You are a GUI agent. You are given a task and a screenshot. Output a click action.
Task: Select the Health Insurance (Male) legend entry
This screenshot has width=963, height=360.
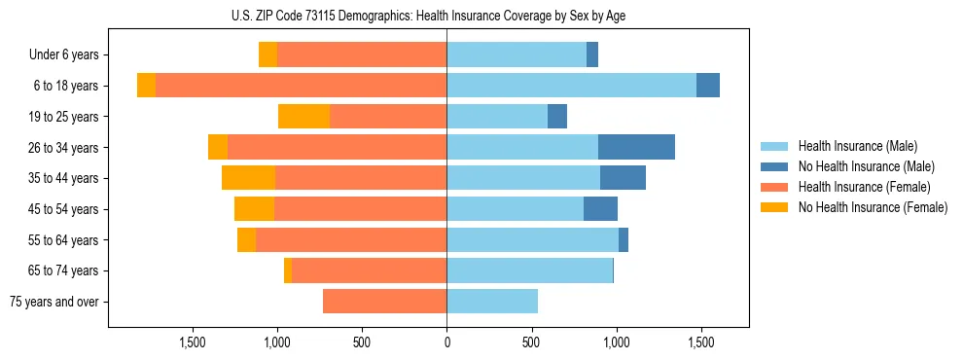(857, 146)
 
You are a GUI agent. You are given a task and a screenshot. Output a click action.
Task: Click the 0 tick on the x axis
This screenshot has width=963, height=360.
(446, 342)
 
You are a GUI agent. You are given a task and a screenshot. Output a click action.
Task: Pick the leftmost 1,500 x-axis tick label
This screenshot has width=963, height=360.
(193, 342)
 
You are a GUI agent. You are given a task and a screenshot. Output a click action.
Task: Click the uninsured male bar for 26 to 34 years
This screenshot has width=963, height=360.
(636, 147)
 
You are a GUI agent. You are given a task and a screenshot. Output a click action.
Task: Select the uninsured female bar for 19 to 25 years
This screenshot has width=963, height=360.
(303, 117)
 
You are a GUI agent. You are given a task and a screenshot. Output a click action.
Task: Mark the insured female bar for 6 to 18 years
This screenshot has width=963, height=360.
(301, 86)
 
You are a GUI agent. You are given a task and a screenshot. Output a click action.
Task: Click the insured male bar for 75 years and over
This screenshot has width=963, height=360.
(492, 302)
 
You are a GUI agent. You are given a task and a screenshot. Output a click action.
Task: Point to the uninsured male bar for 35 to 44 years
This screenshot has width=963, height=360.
(623, 178)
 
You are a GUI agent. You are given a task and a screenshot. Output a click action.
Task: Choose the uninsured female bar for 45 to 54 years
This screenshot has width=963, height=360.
(254, 209)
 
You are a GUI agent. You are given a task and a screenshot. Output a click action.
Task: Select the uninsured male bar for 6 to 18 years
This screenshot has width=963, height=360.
(708, 86)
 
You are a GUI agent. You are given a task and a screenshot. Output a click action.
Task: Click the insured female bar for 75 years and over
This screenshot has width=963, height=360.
(384, 302)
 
